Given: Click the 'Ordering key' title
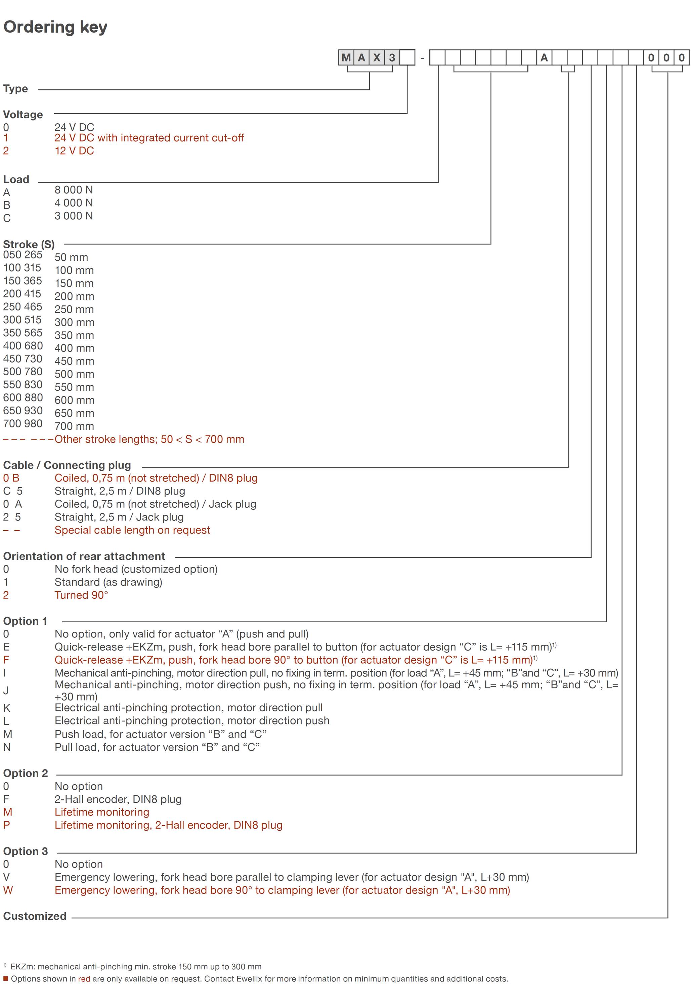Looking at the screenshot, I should (55, 27).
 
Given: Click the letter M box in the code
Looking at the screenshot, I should (346, 58).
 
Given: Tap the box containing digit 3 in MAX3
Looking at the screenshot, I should (392, 58).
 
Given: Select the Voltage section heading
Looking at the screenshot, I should (23, 115).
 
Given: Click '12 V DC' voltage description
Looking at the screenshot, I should (74, 151).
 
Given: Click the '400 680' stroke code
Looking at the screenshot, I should (23, 346).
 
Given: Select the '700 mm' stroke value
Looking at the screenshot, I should (74, 426).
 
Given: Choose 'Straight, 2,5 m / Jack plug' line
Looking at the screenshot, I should (119, 517).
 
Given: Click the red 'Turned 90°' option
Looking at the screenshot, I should (81, 595).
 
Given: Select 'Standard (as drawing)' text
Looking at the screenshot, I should (108, 582).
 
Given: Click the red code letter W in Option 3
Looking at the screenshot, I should (8, 890).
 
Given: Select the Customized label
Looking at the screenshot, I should (35, 916).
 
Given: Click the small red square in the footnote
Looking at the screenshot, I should (6, 978).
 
